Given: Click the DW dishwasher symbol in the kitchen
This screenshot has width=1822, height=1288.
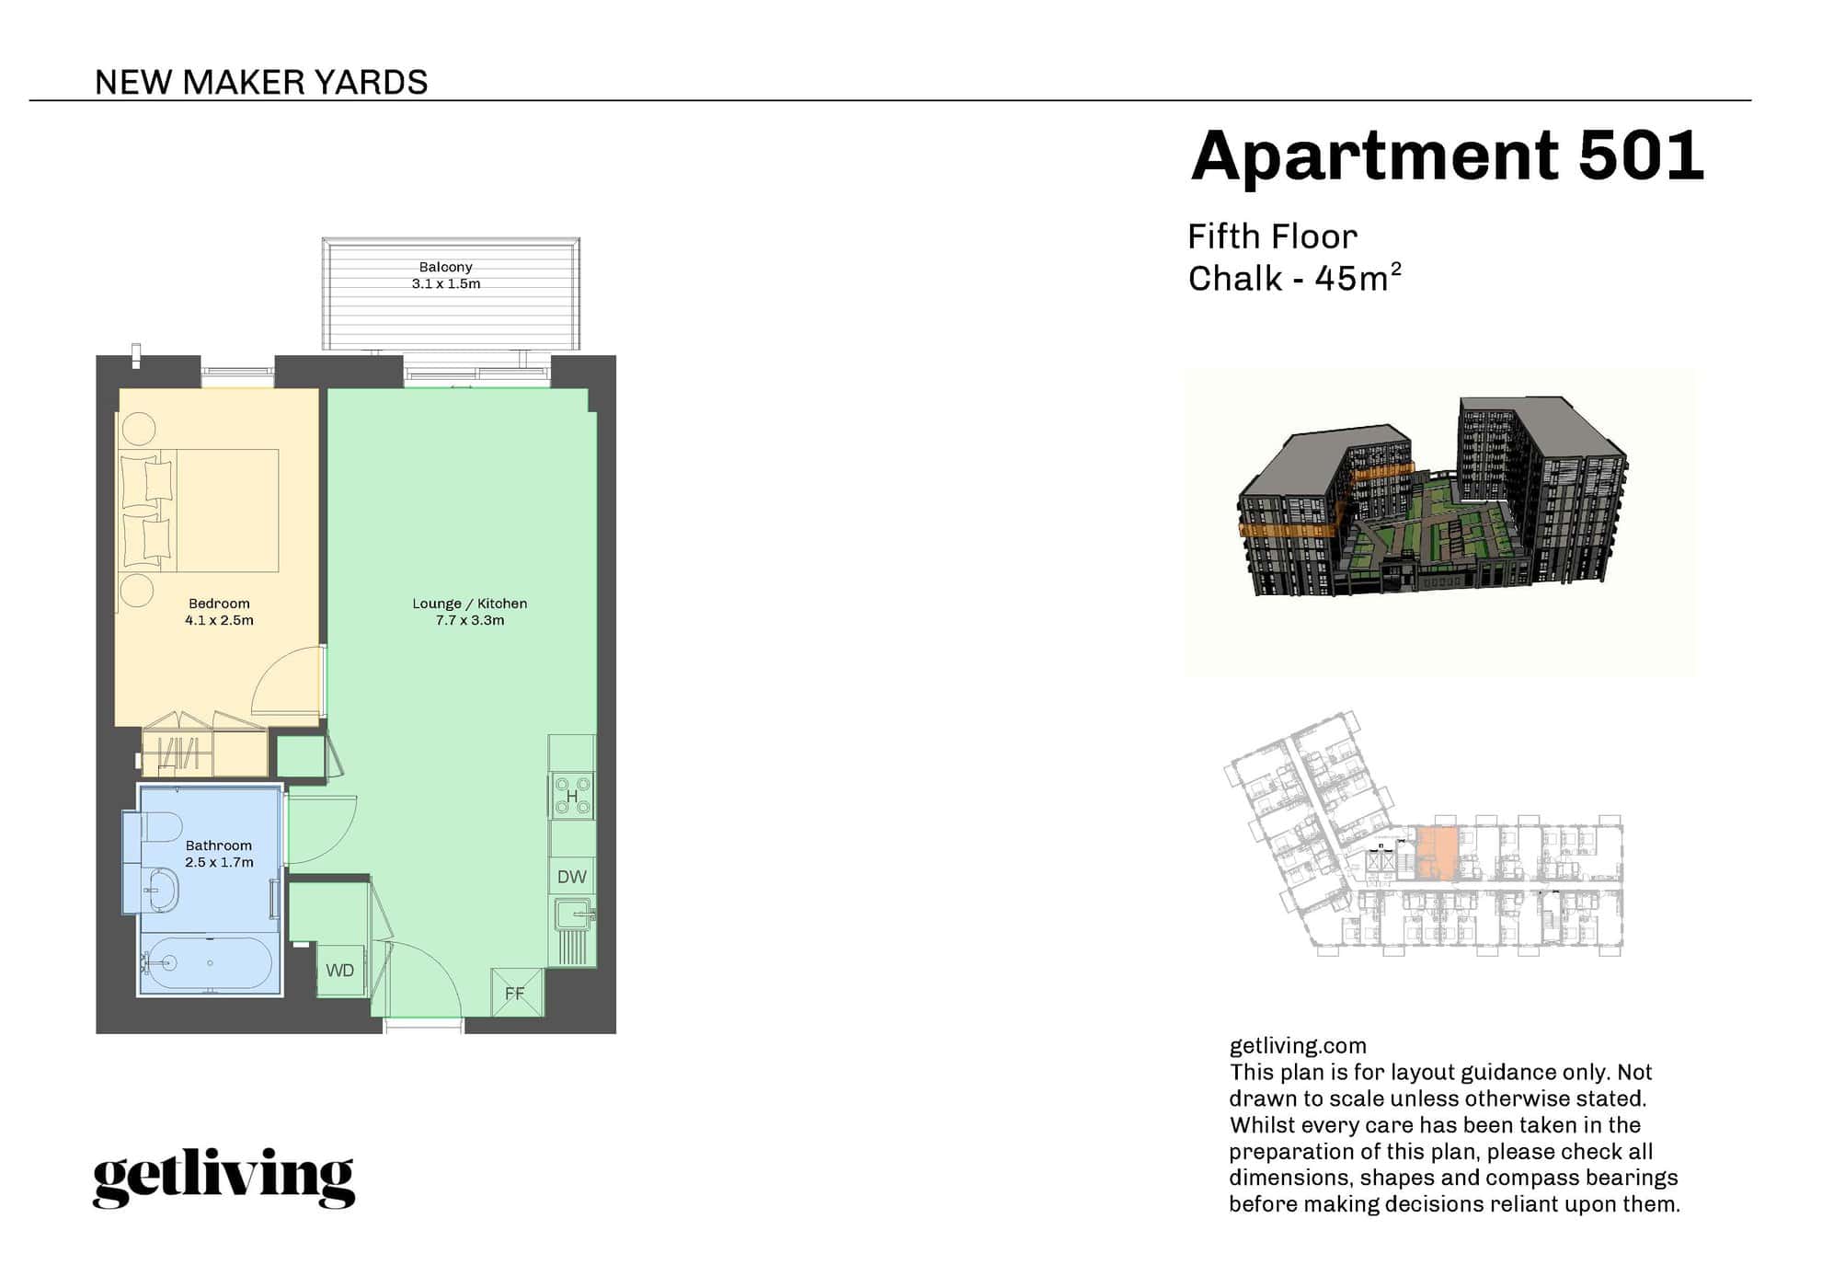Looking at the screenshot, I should click(571, 876).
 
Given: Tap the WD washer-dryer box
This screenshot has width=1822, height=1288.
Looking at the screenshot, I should click(340, 970).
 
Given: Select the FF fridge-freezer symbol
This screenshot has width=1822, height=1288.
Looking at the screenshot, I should click(516, 993).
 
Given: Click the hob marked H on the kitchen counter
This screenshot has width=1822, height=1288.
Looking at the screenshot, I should click(572, 796).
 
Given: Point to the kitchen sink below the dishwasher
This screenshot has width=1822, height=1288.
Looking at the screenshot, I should click(576, 915).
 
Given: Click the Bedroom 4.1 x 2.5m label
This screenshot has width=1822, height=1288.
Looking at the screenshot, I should click(219, 612).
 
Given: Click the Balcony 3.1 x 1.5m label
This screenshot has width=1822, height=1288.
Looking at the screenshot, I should click(446, 275).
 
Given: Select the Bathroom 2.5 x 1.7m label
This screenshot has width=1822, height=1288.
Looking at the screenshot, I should click(219, 854).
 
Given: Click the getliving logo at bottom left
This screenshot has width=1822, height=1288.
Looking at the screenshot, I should click(223, 1178).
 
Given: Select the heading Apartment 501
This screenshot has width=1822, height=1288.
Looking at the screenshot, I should click(1447, 155).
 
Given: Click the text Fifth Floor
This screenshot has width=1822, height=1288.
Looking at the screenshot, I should click(1272, 237).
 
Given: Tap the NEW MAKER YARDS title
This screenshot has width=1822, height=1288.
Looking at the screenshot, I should click(261, 83).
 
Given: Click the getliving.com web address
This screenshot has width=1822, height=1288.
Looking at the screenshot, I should click(1298, 1046).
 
